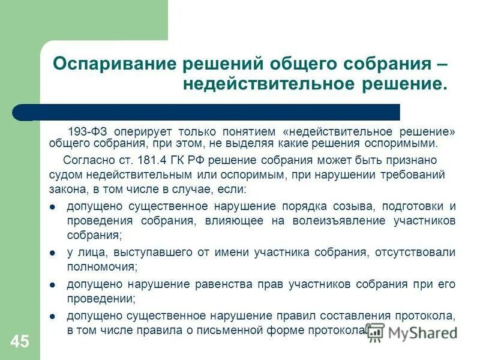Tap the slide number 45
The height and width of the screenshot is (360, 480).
coord(19,342)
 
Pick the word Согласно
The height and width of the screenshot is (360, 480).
coord(85,160)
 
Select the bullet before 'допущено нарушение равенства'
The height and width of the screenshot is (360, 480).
coord(53,284)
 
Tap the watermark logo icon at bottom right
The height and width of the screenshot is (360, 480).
coord(376,331)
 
